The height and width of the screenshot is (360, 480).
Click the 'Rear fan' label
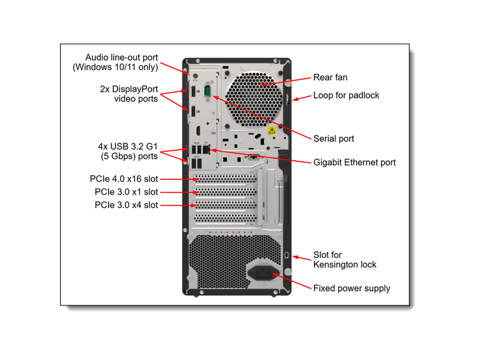tap(330, 77)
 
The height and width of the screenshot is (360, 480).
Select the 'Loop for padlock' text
tap(346, 95)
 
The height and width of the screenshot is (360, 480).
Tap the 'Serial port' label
tap(334, 139)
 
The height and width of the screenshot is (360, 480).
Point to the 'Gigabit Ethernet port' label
tap(355, 162)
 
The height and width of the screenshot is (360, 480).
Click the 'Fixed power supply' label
tap(352, 288)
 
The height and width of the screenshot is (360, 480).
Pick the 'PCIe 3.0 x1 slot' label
tap(126, 192)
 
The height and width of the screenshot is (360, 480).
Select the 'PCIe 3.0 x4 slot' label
tap(126, 205)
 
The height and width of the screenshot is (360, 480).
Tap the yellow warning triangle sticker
tap(272, 130)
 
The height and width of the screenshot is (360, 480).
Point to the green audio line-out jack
tap(194, 76)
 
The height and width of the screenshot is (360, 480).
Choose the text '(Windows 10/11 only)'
tap(115, 67)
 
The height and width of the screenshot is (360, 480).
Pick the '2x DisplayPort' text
tap(129, 88)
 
